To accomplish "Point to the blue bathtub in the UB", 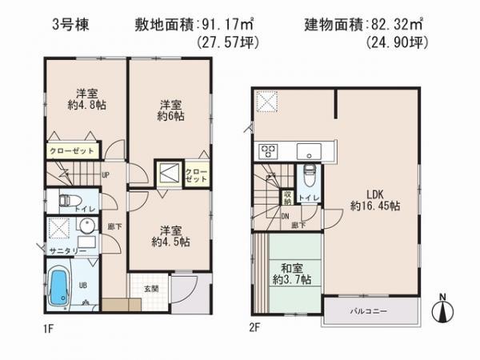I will (59, 291).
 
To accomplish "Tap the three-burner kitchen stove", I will (267, 151).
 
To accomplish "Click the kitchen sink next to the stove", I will (307, 151).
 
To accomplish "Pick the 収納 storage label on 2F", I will (286, 197).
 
